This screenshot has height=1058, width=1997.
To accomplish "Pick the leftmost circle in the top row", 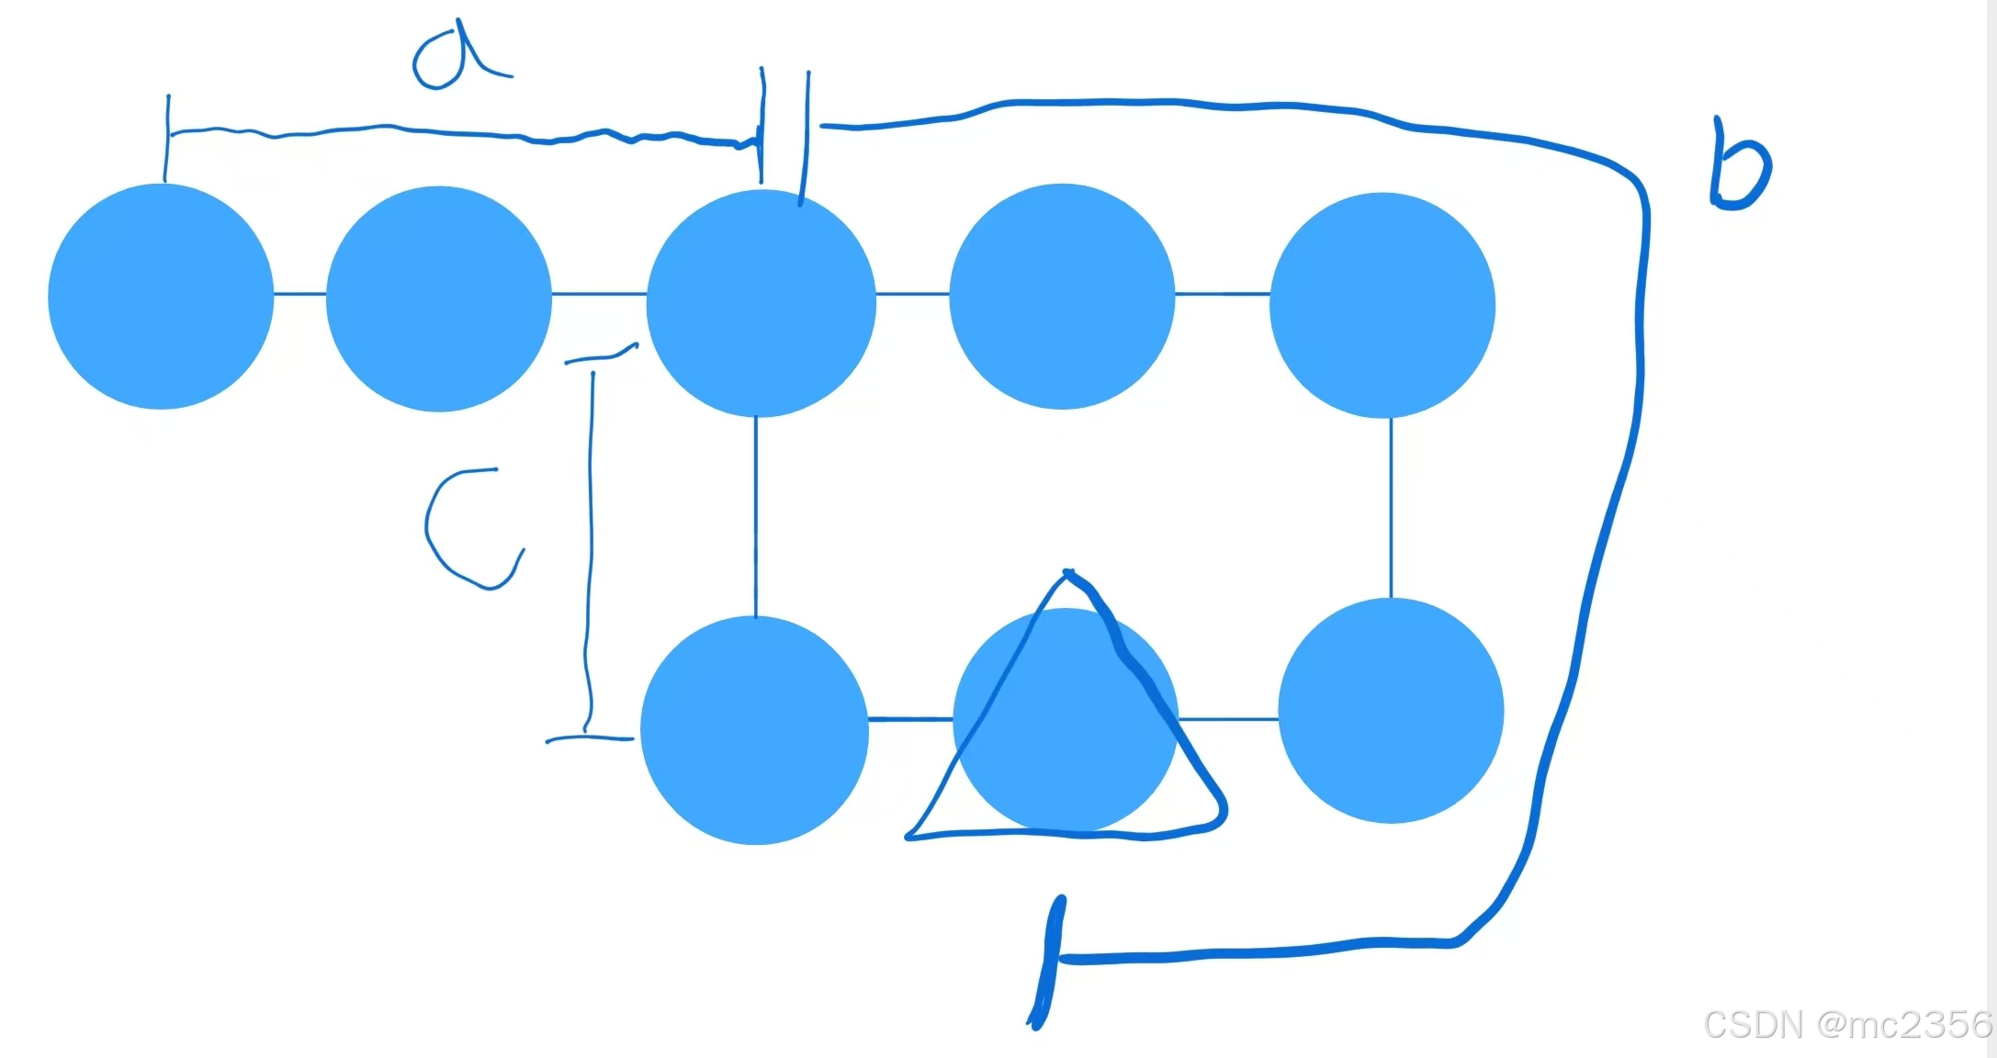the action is point(161,296).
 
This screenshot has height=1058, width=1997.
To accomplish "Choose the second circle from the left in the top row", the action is point(439,298).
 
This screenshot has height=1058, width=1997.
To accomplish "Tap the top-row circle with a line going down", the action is point(761,302).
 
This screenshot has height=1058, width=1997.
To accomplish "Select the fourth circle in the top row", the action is point(1062,296).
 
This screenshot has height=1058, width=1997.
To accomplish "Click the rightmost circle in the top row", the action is point(1382,305).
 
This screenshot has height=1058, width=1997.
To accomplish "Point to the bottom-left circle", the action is point(754,730).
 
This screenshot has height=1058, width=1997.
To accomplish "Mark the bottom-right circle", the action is point(1391,710).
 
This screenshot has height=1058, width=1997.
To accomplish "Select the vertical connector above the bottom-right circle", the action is point(1391,508).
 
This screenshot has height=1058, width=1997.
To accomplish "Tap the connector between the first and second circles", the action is point(299,294).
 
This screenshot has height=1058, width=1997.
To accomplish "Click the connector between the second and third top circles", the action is point(599,294).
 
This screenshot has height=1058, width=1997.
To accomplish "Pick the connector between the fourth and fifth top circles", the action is point(1222,294).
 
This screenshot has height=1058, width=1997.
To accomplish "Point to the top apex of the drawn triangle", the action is point(1067,573).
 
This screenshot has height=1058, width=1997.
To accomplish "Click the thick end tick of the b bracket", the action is point(1049,960).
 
